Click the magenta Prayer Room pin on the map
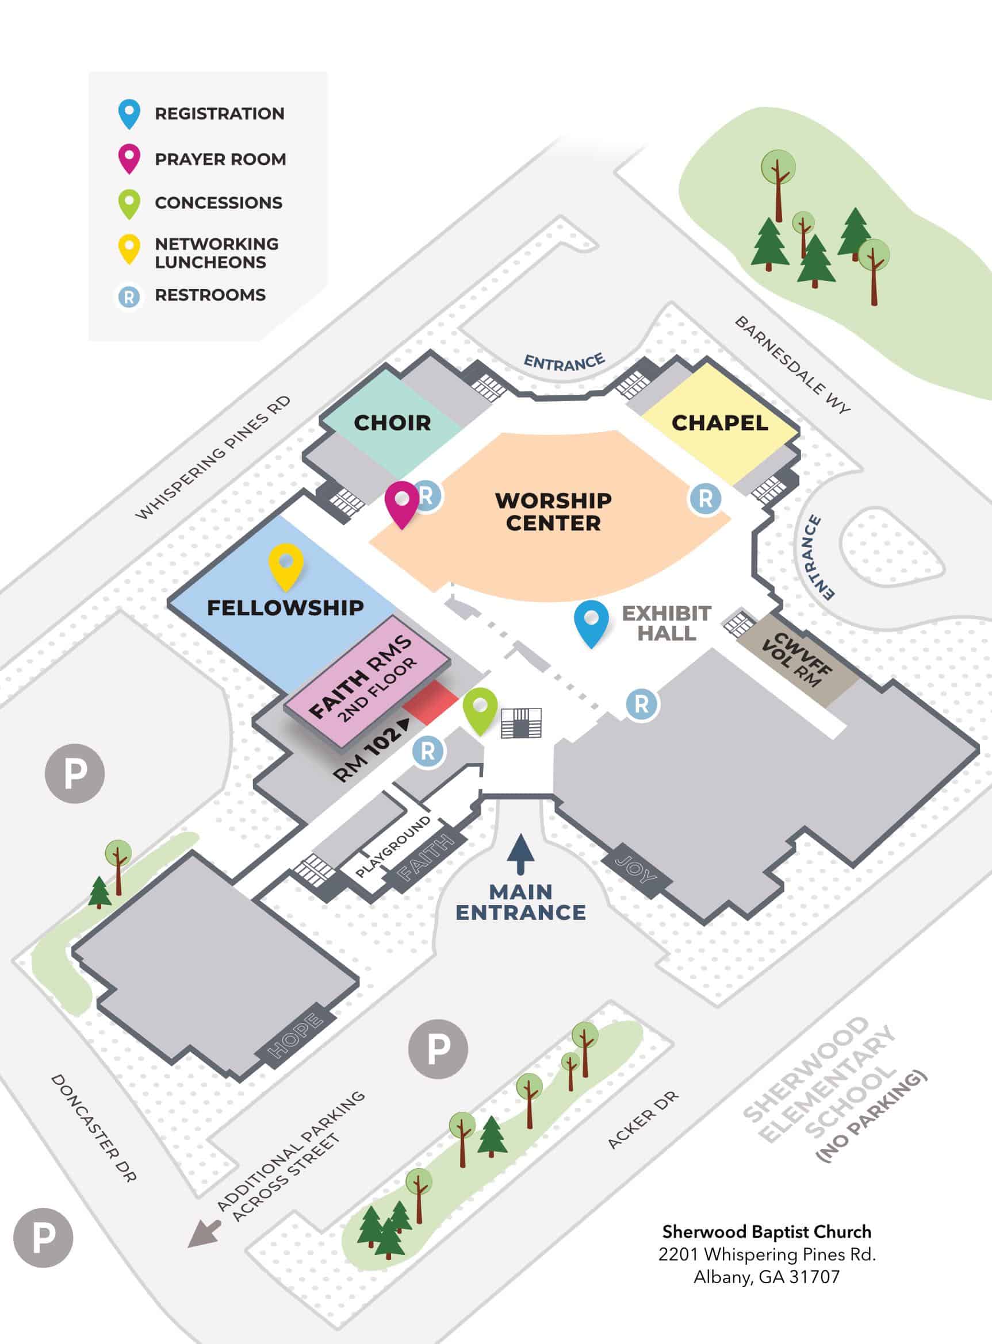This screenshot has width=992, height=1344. pos(401,502)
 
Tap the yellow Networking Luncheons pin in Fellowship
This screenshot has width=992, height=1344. pos(285,565)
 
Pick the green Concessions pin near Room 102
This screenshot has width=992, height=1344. pos(480,709)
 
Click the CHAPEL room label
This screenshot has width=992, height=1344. pos(719,423)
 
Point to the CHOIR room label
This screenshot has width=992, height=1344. pos(392,423)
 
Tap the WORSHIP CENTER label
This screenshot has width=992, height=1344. pos(553,512)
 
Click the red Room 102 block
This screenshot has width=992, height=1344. pos(431,703)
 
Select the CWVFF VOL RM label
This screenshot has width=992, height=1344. pos(795,659)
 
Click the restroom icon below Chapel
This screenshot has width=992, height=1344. pos(705,498)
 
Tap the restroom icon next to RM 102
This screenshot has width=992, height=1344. pos(427,750)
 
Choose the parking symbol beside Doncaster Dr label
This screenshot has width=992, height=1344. pos(43,1238)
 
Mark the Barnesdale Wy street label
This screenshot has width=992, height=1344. pos(792,364)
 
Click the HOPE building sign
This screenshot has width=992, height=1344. pos(295,1036)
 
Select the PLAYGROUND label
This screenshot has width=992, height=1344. pos(393,846)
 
